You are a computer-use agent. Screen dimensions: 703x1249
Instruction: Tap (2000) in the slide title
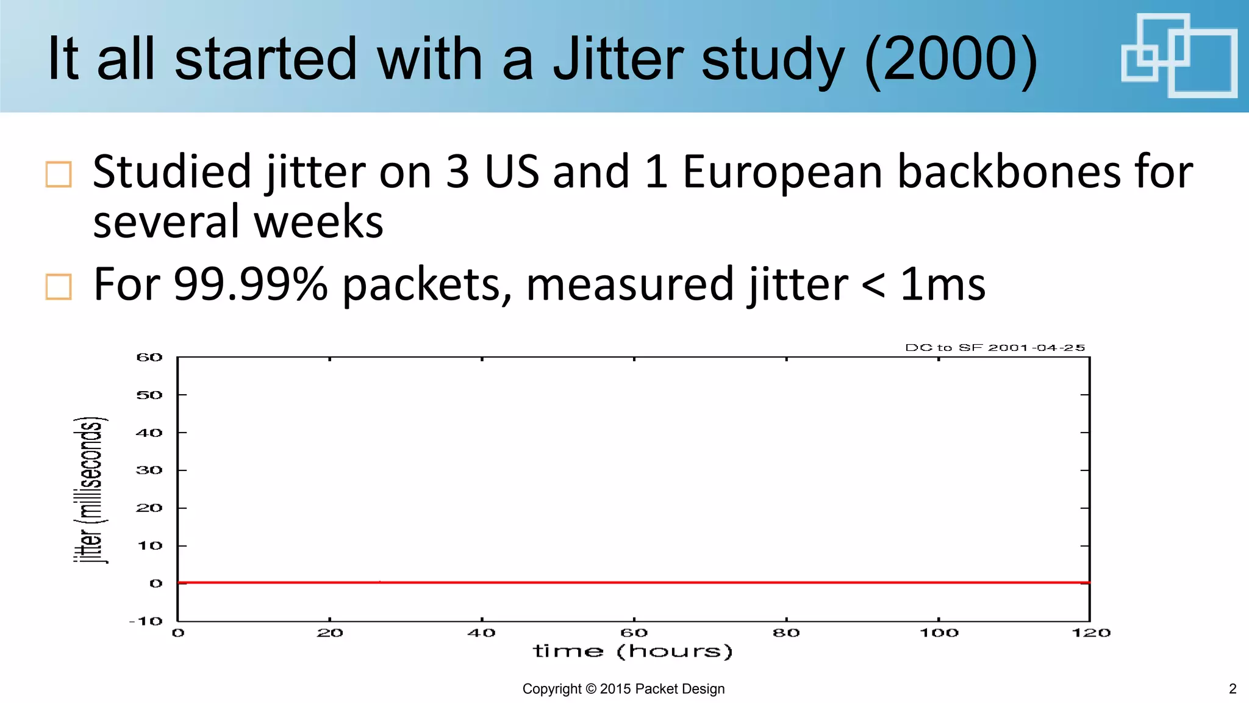click(951, 59)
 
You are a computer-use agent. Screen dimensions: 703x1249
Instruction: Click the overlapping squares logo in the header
click(1179, 56)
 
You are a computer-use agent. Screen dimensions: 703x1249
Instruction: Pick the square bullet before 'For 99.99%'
click(59, 286)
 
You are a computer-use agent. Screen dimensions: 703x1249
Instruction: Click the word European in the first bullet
click(782, 171)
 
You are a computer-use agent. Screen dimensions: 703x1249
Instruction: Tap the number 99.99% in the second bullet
click(251, 284)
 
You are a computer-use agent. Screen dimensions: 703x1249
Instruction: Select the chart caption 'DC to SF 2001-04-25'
click(995, 348)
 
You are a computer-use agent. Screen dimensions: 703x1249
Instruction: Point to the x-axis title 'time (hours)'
click(632, 651)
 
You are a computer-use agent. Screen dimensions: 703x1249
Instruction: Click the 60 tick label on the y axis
click(149, 358)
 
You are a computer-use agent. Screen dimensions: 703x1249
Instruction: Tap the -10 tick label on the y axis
click(146, 621)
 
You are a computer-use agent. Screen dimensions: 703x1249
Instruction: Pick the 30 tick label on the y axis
click(149, 470)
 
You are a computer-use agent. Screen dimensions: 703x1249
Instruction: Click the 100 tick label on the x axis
click(939, 633)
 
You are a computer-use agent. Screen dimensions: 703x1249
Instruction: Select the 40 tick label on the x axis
click(482, 633)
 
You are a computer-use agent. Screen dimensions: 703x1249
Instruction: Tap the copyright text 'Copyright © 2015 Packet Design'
click(623, 689)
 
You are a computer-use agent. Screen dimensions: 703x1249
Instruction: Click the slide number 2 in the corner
click(1233, 689)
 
